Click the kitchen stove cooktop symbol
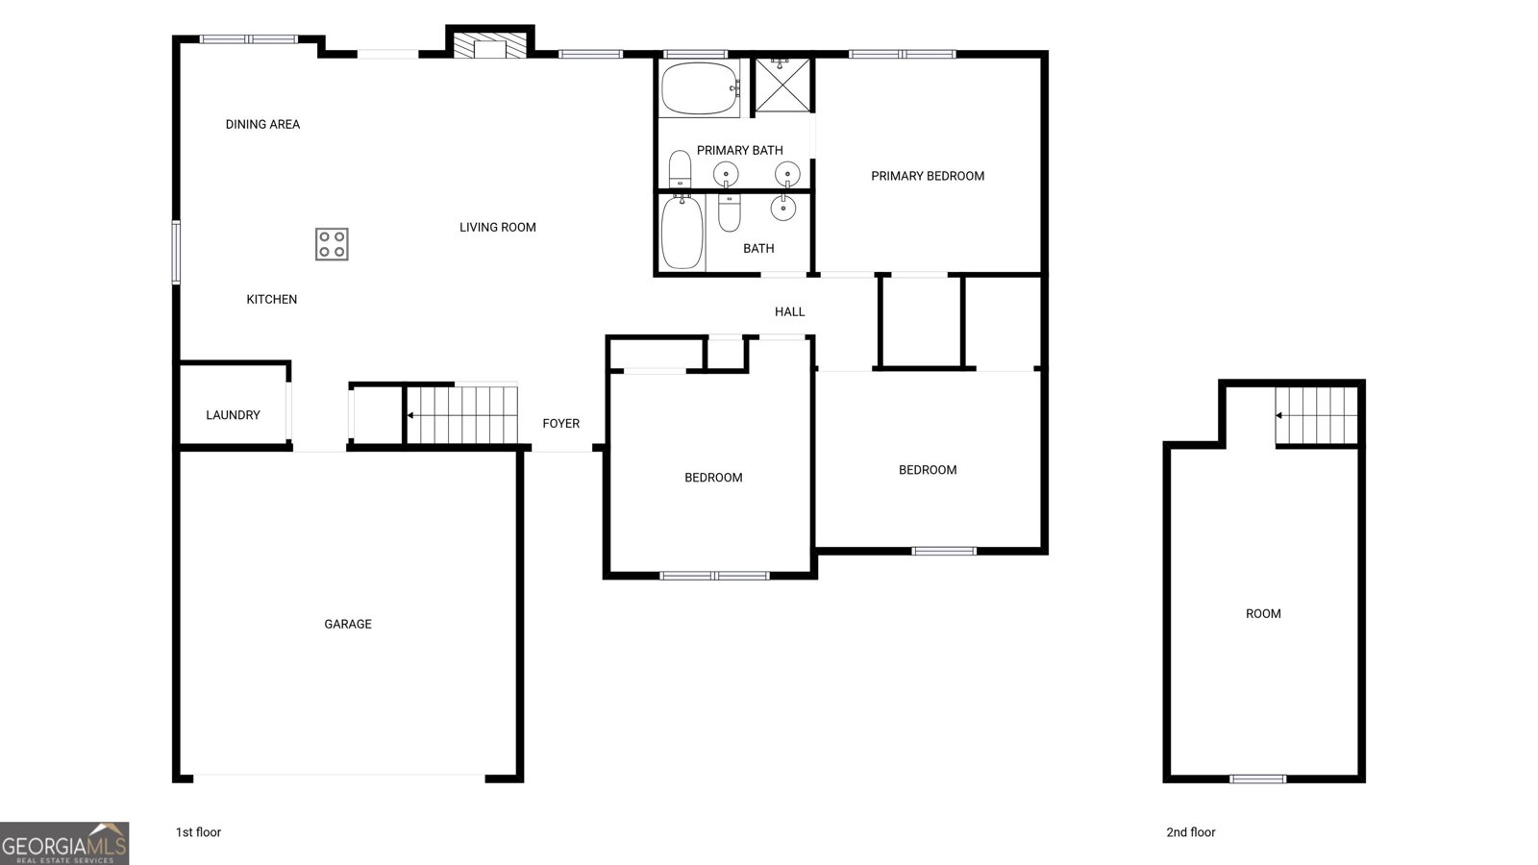point(332,244)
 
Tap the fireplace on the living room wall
point(490,48)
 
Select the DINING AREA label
point(262,124)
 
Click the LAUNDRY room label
point(233,415)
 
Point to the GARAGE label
point(347,624)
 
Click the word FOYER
point(560,423)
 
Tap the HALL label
point(789,311)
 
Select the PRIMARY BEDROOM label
point(927,176)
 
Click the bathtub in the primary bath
point(699,88)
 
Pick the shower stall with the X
point(781,86)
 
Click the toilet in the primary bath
point(680,169)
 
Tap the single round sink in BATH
point(782,208)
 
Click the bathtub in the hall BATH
point(682,233)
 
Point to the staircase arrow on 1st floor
point(411,415)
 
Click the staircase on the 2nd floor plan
point(1316,415)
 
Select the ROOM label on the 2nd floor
point(1262,613)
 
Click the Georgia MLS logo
point(63,843)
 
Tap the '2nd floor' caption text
point(1190,832)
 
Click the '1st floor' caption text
point(198,832)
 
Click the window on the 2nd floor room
point(1257,778)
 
